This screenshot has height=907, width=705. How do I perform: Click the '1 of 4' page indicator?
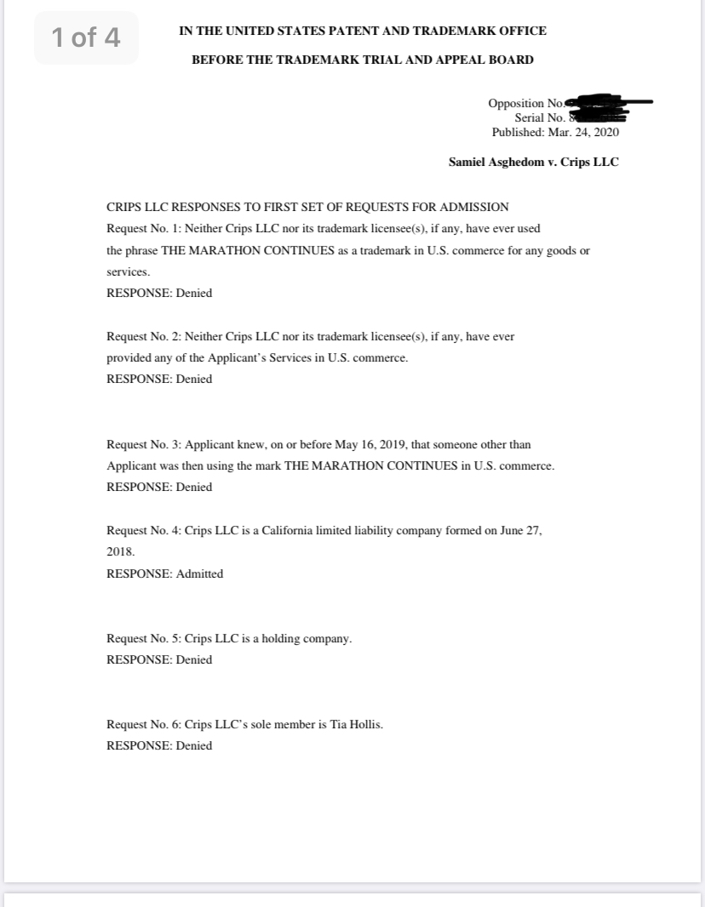(86, 38)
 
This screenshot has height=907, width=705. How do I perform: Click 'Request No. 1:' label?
(143, 229)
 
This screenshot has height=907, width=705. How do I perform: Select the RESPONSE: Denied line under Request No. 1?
(159, 293)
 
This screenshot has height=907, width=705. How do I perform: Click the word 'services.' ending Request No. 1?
(128, 272)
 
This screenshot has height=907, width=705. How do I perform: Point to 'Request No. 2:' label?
(143, 336)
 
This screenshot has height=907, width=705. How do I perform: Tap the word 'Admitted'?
(199, 573)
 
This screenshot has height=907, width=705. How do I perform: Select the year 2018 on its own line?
(120, 551)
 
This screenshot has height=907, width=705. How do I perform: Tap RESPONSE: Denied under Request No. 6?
(159, 745)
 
